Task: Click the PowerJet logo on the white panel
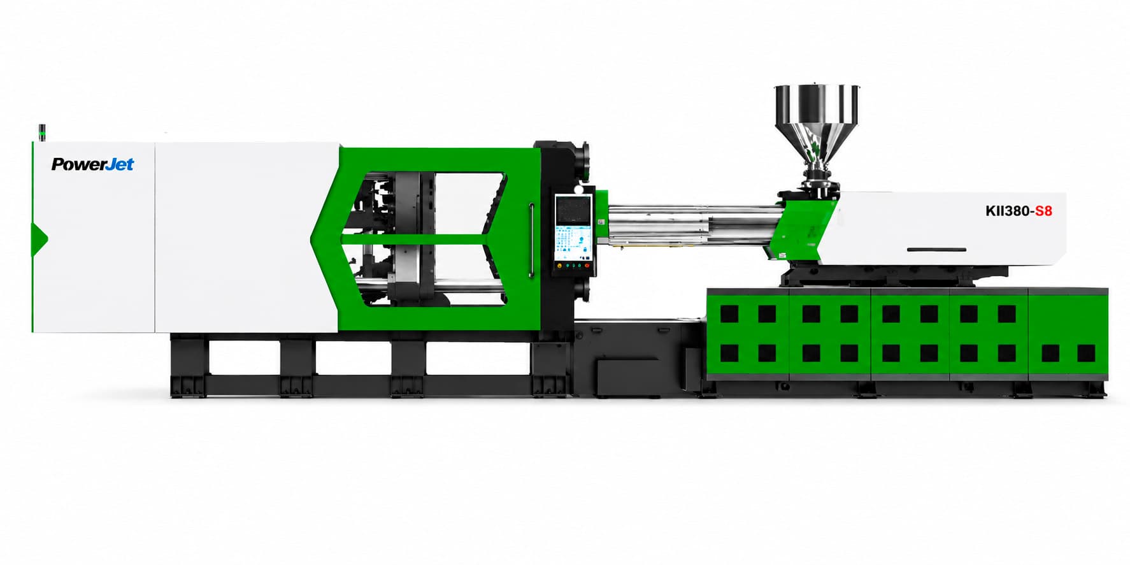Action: click(92, 164)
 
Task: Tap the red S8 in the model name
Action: click(1043, 211)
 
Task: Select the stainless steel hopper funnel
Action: click(817, 122)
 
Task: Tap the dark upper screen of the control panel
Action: click(573, 209)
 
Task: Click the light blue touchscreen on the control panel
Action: click(573, 242)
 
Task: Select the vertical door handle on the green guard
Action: click(531, 240)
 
